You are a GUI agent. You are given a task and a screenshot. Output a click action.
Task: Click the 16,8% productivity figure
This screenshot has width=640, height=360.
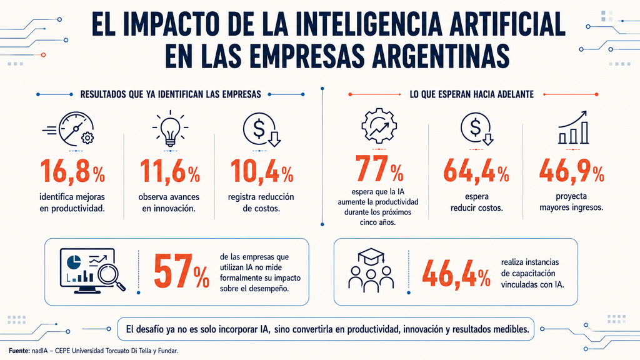tap(72, 171)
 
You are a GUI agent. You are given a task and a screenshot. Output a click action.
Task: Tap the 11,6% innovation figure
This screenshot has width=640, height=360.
tap(170, 171)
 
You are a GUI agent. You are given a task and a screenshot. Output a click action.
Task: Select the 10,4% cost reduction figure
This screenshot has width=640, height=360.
tap(262, 171)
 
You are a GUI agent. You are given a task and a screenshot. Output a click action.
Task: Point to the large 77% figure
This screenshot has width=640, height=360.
tap(379, 169)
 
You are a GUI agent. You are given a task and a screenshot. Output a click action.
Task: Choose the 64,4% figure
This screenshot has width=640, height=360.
tap(476, 171)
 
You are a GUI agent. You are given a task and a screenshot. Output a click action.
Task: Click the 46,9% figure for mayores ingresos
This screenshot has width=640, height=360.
tap(571, 171)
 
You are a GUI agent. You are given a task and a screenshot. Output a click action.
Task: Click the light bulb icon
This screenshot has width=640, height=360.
tap(170, 128)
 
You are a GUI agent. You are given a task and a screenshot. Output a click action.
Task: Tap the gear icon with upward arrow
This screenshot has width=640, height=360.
tap(379, 126)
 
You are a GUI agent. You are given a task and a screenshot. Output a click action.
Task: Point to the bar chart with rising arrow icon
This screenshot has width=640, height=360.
tap(573, 127)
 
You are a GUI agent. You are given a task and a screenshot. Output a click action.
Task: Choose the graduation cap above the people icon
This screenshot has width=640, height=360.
tap(371, 256)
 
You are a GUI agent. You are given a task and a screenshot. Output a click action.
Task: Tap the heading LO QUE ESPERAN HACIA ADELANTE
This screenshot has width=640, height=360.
tap(471, 95)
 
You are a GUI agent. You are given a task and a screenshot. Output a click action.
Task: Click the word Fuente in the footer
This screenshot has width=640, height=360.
tap(19, 351)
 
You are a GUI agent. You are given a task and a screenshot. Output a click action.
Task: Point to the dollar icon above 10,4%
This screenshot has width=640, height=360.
tap(262, 130)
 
